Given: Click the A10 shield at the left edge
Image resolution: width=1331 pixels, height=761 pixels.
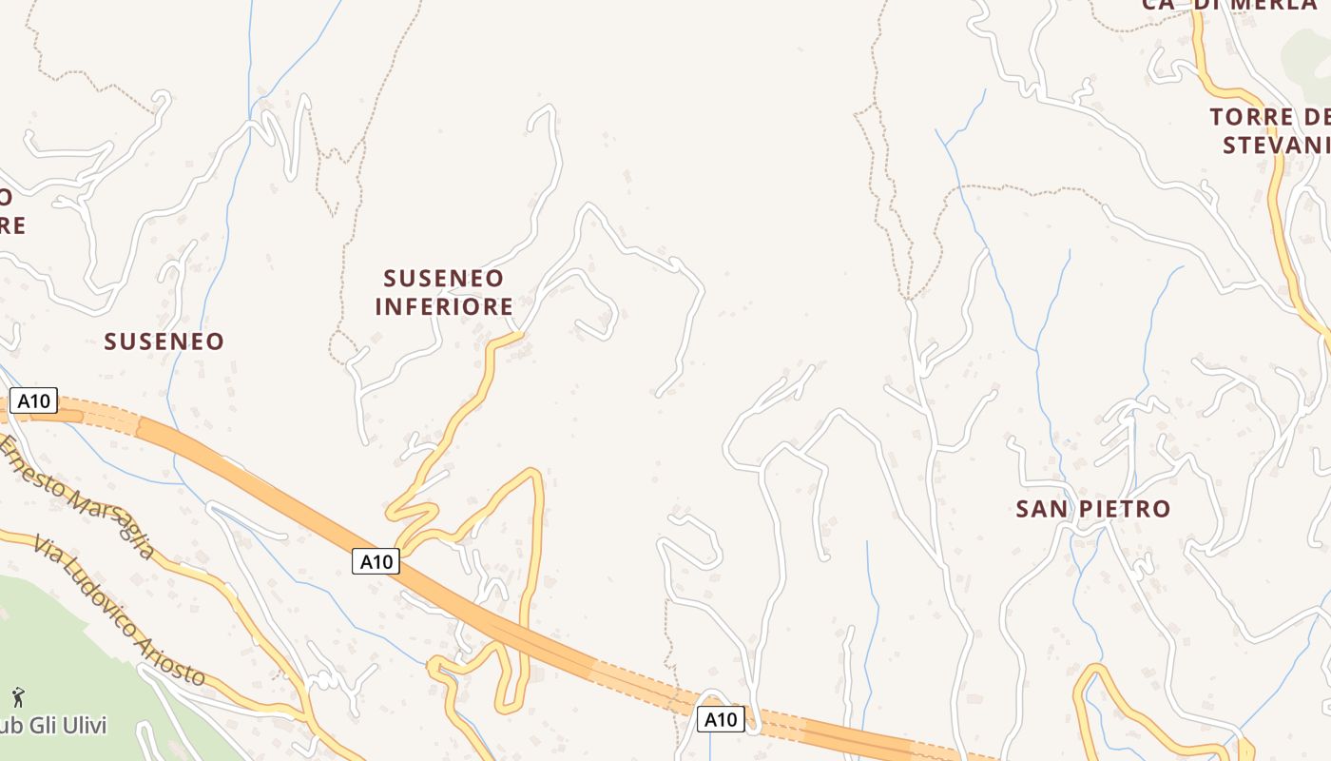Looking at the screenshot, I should pyautogui.click(x=33, y=400).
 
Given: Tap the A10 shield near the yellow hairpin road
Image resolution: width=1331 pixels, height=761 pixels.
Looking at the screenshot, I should pyautogui.click(x=376, y=561).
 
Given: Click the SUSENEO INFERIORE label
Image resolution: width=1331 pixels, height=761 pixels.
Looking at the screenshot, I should pyautogui.click(x=444, y=292).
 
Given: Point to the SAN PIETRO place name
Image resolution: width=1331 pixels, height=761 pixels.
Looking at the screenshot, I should pyautogui.click(x=1092, y=509).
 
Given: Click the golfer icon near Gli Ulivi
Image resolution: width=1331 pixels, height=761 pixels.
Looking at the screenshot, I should pyautogui.click(x=17, y=697).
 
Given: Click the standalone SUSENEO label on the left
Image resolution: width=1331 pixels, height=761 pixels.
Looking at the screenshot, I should pyautogui.click(x=164, y=341).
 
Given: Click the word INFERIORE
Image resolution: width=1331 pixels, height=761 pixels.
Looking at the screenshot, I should pyautogui.click(x=444, y=306).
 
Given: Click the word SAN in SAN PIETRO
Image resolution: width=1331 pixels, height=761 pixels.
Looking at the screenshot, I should pyautogui.click(x=1036, y=509).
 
